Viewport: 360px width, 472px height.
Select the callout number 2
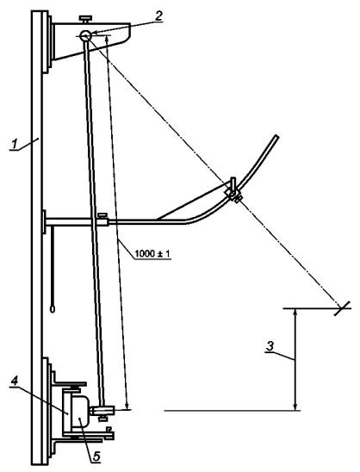pos(158,16)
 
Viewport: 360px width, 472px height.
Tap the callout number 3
pos(270,346)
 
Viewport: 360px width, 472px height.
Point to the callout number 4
pos(14,381)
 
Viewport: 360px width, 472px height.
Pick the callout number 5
pos(96,456)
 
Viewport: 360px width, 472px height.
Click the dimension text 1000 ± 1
pos(152,254)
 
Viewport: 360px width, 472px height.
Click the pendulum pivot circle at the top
pos(85,35)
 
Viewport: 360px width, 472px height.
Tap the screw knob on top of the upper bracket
pos(86,19)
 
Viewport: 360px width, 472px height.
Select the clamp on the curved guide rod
pos(233,190)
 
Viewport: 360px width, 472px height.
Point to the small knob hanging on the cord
pos(53,309)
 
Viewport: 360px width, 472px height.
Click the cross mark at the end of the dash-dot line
pos(343,308)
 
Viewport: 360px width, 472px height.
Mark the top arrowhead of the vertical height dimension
pos(295,313)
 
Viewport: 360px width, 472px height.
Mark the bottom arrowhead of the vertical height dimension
pos(295,406)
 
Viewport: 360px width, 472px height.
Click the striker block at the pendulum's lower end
pos(102,410)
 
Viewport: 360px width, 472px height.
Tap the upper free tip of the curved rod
pos(276,138)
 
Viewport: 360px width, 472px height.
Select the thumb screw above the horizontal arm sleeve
pos(102,215)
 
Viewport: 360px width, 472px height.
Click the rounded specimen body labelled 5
pos(79,412)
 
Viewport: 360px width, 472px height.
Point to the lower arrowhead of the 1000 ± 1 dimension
pos(127,406)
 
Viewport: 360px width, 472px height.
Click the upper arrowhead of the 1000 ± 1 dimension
pos(107,40)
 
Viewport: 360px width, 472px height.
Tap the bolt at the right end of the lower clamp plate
pos(109,433)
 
